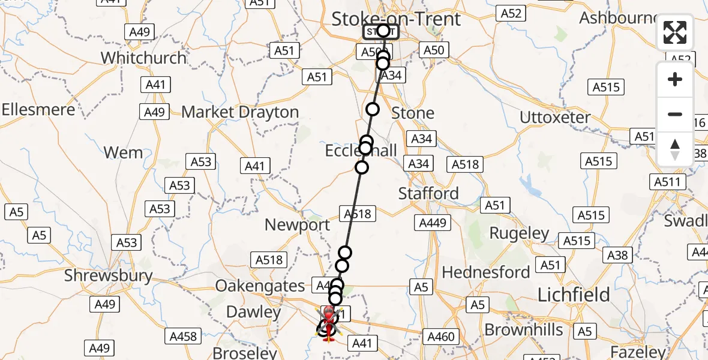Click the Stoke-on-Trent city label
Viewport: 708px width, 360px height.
coord(396,19)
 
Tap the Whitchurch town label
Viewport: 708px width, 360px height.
coord(143,58)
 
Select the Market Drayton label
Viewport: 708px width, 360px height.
coord(240,112)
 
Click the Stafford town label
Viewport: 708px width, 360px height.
coord(428,193)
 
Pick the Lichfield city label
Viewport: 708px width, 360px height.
coord(574,295)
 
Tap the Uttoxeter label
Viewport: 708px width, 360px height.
coord(555,117)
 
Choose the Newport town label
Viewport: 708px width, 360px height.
coord(297,225)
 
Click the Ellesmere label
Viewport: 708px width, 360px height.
coord(38,110)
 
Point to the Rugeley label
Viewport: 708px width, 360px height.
coord(519,233)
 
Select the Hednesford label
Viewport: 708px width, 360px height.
coord(485,272)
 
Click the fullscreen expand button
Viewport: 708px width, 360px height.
coord(675,32)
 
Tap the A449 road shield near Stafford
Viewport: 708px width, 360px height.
coord(433,223)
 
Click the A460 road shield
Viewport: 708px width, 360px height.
coord(440,337)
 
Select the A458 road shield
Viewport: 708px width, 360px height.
coord(183,336)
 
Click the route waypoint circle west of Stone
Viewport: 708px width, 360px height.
coord(373,109)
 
